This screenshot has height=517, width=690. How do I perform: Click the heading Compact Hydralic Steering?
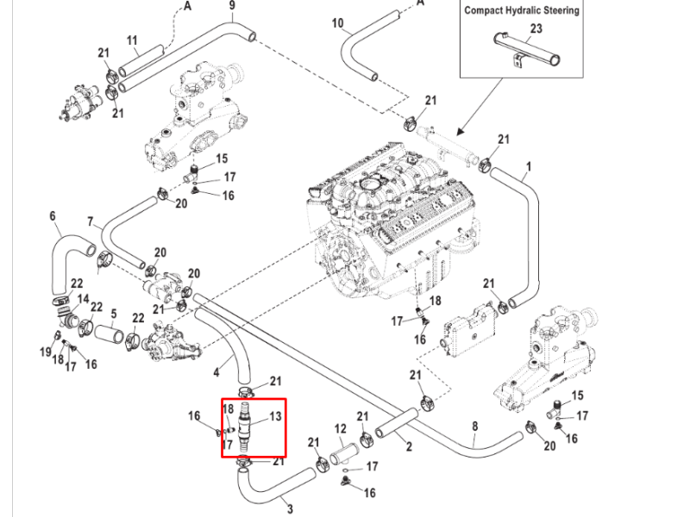pyautogui.click(x=522, y=10)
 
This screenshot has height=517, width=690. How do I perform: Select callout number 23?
pyautogui.click(x=536, y=28)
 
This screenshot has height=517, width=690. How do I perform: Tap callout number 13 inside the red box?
pyautogui.click(x=275, y=416)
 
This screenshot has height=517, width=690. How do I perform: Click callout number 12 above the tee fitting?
pyautogui.click(x=341, y=428)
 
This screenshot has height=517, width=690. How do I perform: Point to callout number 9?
pyautogui.click(x=232, y=5)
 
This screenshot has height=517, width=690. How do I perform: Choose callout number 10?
pyautogui.click(x=337, y=23)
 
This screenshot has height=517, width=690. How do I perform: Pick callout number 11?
pyautogui.click(x=132, y=40)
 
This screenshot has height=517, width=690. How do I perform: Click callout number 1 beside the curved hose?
pyautogui.click(x=529, y=166)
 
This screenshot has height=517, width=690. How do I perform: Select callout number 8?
pyautogui.click(x=475, y=426)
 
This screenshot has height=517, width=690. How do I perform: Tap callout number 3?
pyautogui.click(x=290, y=509)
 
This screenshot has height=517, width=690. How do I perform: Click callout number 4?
pyautogui.click(x=216, y=373)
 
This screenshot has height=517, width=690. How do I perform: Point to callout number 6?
pyautogui.click(x=53, y=216)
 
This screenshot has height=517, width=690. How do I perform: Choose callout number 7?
pyautogui.click(x=91, y=221)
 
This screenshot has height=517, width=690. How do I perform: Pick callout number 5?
pyautogui.click(x=114, y=314)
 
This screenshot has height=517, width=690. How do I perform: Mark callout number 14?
pyautogui.click(x=83, y=299)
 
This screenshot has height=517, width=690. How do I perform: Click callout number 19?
pyautogui.click(x=46, y=352)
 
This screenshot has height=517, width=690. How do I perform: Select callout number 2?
pyautogui.click(x=409, y=446)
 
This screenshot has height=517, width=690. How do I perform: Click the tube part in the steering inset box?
pyautogui.click(x=527, y=49)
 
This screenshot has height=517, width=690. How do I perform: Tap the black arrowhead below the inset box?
pyautogui.click(x=461, y=131)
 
